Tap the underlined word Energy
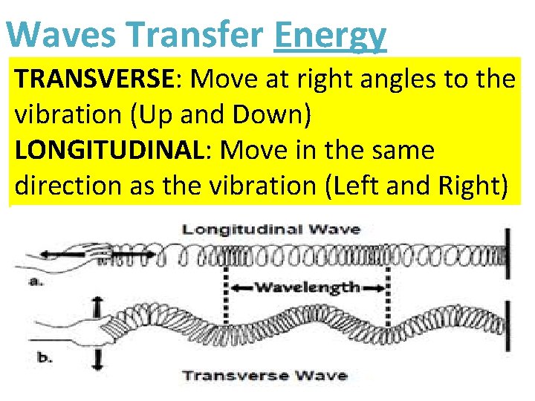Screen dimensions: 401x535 [x=330, y=36]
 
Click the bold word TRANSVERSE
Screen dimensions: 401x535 [x=93, y=79]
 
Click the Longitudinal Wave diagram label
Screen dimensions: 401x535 [x=271, y=229]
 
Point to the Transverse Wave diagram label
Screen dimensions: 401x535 [x=265, y=374]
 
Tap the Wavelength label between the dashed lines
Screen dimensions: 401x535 [x=307, y=287]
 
